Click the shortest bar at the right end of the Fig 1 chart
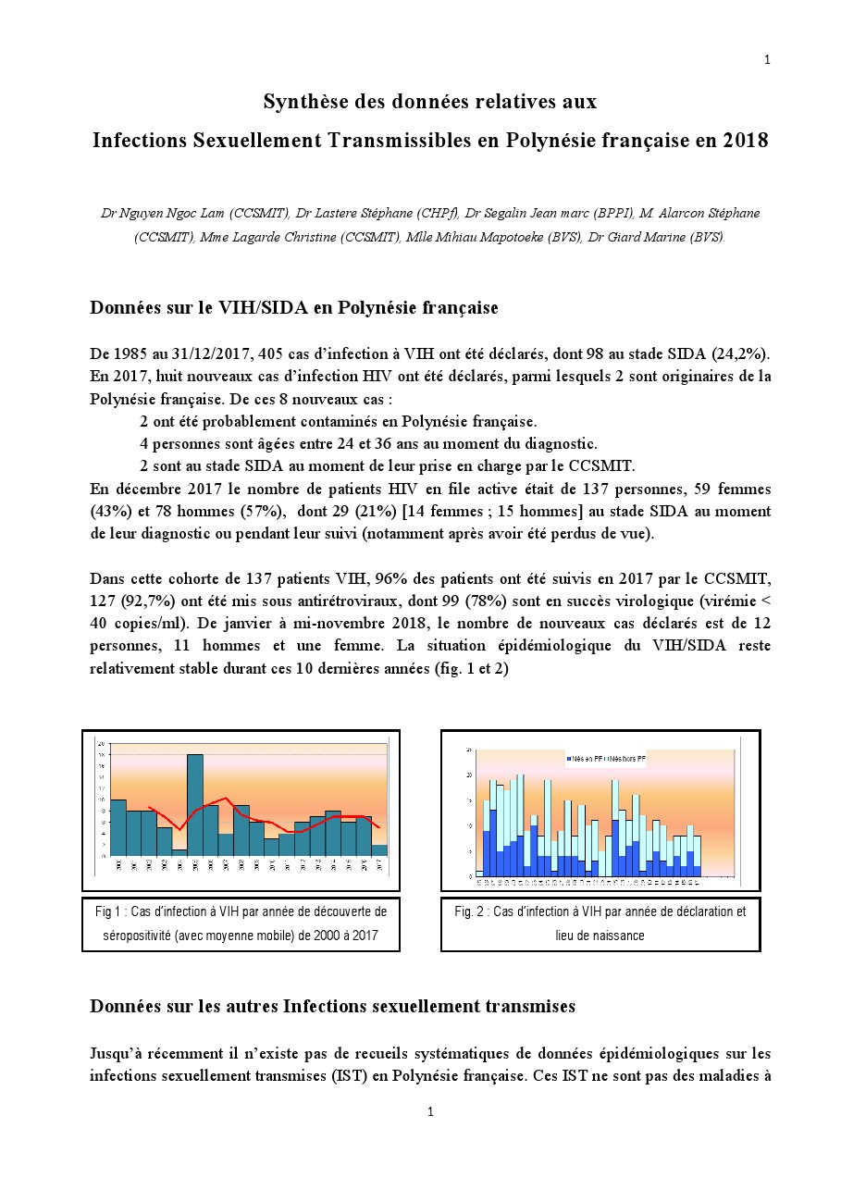click(x=380, y=849)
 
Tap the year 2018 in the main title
click(x=746, y=141)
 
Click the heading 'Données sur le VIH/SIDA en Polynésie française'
click(x=293, y=308)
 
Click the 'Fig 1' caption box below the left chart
click(x=241, y=923)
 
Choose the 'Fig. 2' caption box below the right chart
click(x=600, y=923)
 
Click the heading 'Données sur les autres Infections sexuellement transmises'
click(x=332, y=1007)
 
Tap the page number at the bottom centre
click(x=430, y=1111)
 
